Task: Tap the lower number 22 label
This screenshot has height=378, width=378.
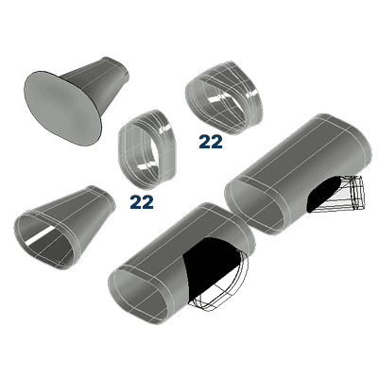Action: tap(142, 200)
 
